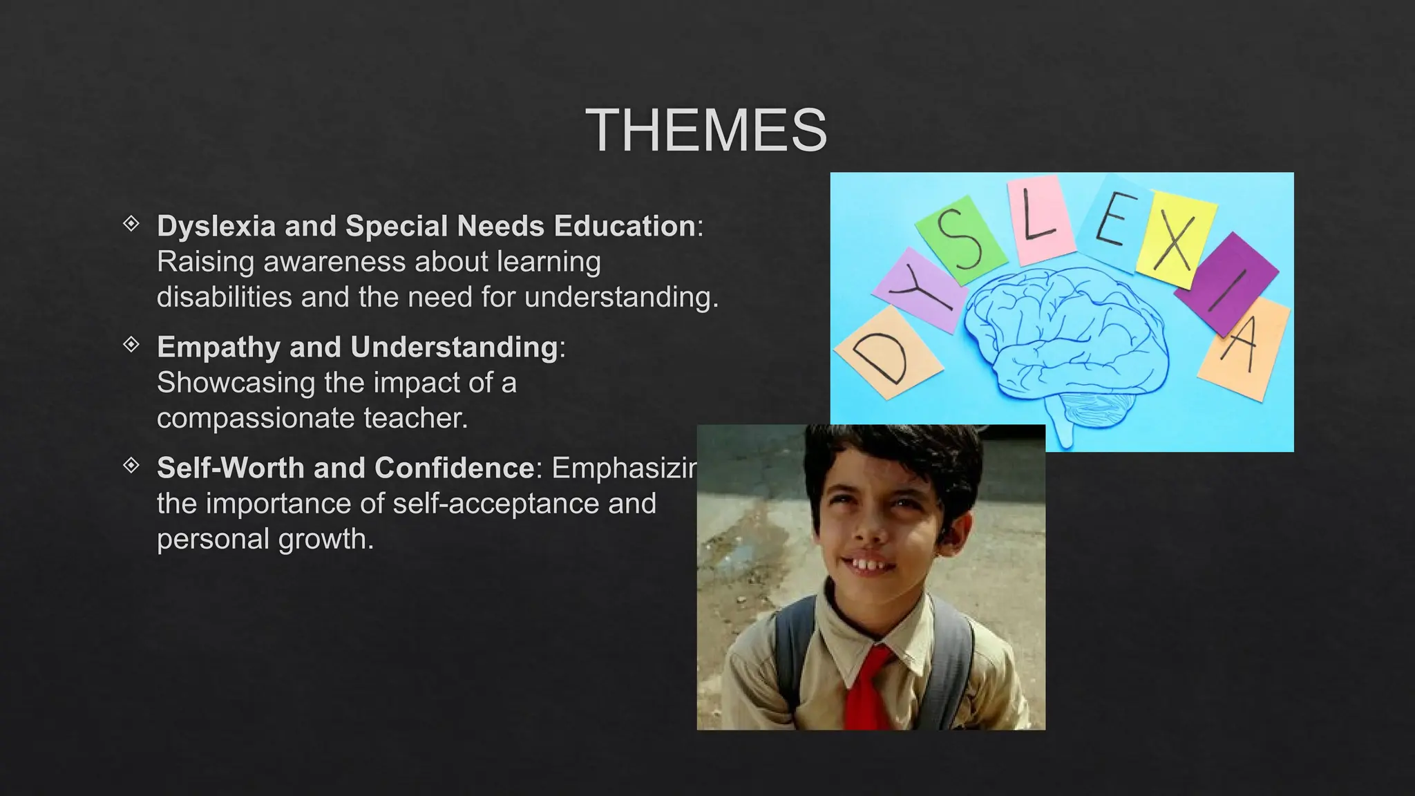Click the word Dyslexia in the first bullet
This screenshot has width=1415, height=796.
coord(216,226)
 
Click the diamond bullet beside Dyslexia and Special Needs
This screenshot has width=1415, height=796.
coord(131,224)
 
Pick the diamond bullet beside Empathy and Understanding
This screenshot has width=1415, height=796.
coord(131,345)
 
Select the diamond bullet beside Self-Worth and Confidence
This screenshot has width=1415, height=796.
coord(131,466)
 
